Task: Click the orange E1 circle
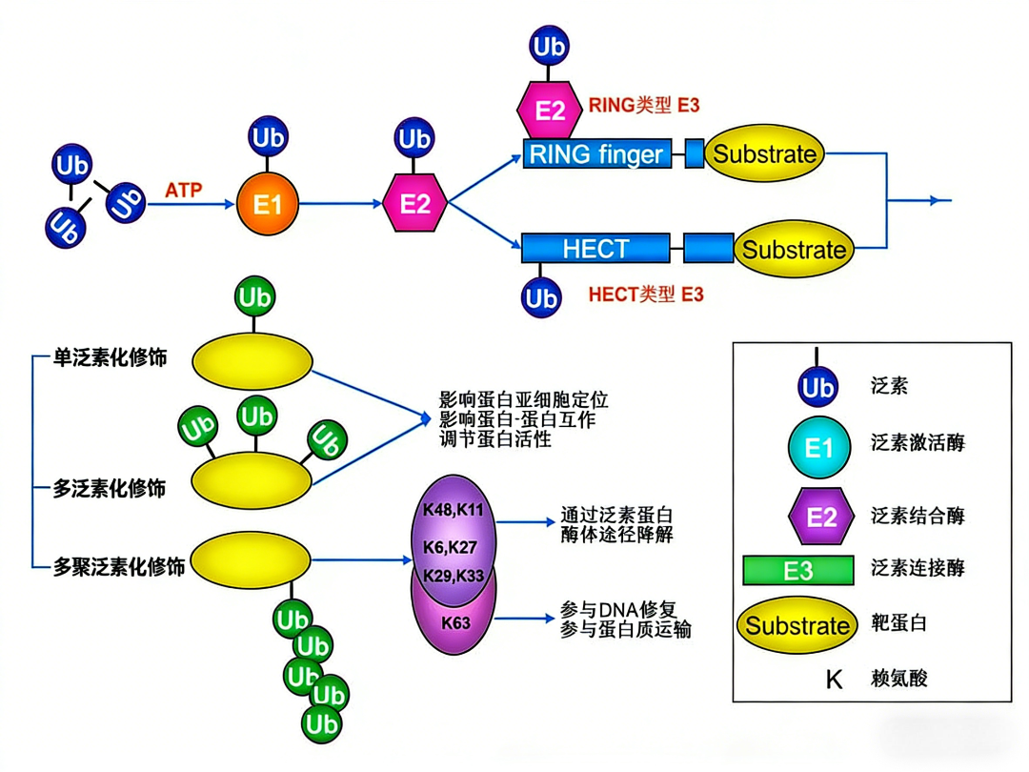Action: tap(268, 204)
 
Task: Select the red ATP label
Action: tap(183, 190)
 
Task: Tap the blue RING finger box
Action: tap(596, 153)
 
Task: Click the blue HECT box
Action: tap(595, 250)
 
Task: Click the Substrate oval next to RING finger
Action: tap(764, 153)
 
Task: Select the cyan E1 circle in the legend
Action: tap(818, 446)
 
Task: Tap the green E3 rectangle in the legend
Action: tap(798, 570)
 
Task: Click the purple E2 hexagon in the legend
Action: tap(819, 516)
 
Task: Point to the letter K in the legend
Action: tap(834, 680)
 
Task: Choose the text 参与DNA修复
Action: tap(617, 609)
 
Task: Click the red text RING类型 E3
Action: tap(645, 106)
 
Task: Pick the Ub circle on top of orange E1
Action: tap(268, 137)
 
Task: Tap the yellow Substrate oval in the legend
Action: tap(797, 625)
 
